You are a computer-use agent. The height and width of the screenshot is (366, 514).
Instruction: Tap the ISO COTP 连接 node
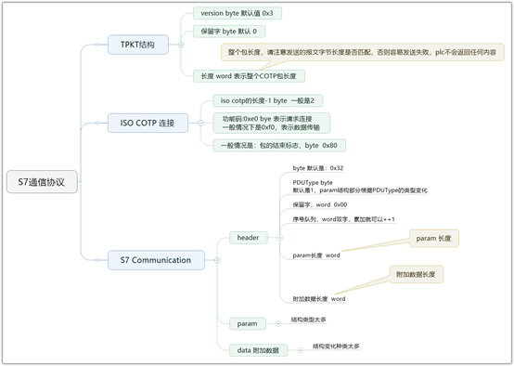click(148, 122)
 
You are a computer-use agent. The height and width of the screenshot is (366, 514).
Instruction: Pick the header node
click(248, 238)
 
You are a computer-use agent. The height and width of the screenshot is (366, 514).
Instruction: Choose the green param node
click(246, 322)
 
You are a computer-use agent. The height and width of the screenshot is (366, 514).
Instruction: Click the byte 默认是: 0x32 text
click(318, 168)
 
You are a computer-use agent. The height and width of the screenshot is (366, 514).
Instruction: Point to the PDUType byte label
click(313, 183)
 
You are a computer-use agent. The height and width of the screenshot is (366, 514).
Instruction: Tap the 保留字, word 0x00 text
click(320, 204)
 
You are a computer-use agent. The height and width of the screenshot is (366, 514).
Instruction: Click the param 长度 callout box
click(434, 239)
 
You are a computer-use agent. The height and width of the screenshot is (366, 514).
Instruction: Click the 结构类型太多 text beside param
click(309, 319)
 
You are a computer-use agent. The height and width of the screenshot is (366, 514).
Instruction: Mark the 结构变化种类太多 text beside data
click(337, 346)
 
